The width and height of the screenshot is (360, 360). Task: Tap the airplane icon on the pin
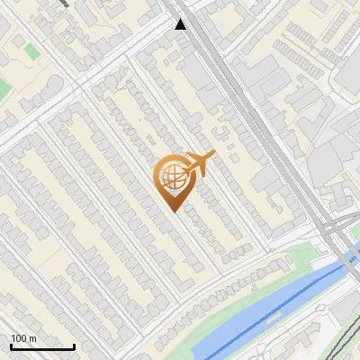click(x=199, y=164)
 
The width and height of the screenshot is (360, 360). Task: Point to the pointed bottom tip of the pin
click(x=172, y=211)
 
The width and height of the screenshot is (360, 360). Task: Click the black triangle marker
click(x=181, y=24)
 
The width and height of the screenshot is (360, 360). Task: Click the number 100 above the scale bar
click(x=18, y=338)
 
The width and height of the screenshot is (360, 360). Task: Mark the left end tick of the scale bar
click(x=11, y=346)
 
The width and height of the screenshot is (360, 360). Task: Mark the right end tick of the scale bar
click(x=74, y=346)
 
